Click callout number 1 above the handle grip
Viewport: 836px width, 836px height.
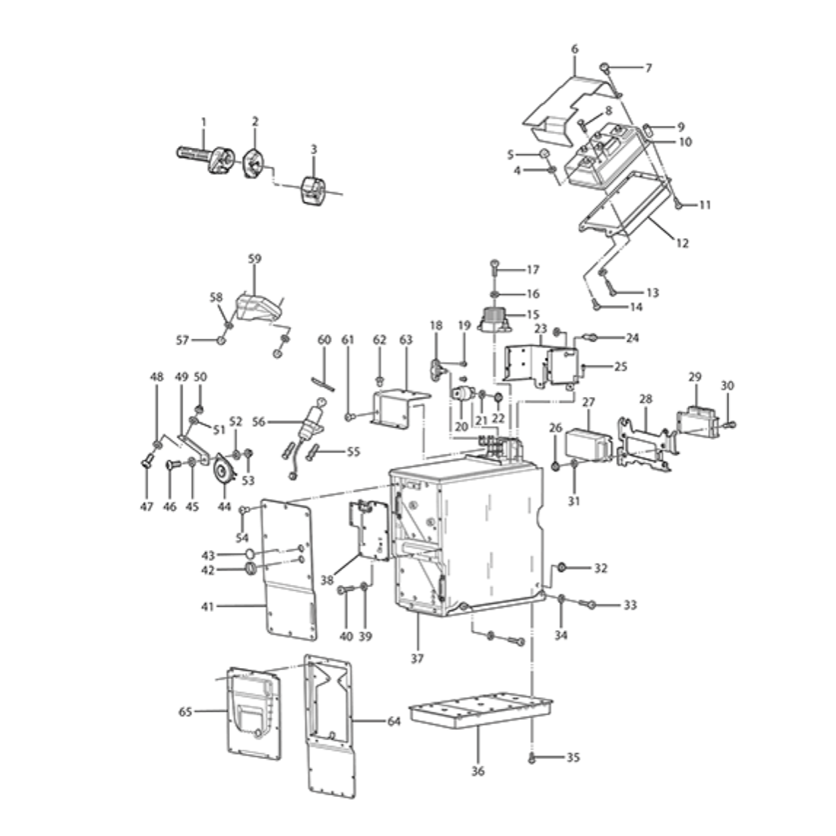[203, 122]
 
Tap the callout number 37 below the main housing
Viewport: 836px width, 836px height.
[417, 659]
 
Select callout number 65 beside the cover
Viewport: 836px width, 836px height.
[185, 711]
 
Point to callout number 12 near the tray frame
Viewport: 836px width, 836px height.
[682, 243]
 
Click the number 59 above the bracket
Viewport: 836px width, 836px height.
[255, 258]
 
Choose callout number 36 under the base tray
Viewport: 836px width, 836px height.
[477, 771]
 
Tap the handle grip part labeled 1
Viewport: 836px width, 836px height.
[206, 159]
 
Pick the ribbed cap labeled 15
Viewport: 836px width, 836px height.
[495, 319]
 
